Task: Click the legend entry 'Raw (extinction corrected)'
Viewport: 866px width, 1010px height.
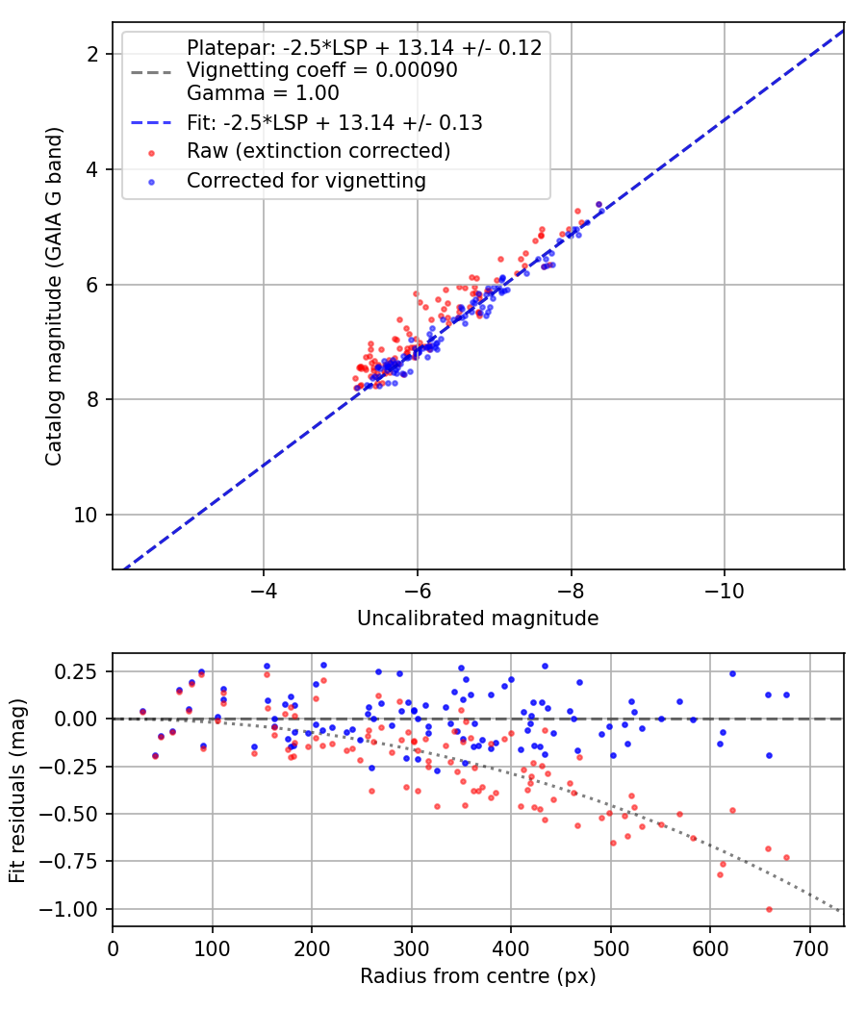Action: (318, 151)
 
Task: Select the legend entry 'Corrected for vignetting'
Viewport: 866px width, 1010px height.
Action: (306, 181)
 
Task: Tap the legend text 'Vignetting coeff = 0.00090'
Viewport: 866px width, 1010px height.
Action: (322, 69)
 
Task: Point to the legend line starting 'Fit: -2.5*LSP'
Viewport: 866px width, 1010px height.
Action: (335, 122)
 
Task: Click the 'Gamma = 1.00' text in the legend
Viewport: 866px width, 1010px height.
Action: (263, 92)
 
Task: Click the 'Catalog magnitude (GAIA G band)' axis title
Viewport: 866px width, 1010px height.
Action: (54, 297)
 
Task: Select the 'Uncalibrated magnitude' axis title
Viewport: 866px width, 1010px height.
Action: (478, 619)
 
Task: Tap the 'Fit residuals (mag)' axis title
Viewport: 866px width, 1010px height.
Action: (17, 791)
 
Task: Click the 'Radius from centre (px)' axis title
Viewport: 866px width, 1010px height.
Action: (478, 976)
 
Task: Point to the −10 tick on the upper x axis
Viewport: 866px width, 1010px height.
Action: (724, 592)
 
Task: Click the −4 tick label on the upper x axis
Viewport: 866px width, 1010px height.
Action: (263, 592)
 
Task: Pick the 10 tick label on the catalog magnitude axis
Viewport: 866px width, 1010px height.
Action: (85, 516)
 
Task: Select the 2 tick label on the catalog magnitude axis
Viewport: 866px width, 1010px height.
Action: (92, 54)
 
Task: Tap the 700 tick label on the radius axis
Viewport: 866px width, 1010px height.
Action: (809, 949)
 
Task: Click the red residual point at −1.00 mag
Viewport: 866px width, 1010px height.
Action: (769, 910)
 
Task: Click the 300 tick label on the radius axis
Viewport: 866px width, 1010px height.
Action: (411, 949)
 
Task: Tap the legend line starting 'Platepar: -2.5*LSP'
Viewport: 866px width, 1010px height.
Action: (364, 47)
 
